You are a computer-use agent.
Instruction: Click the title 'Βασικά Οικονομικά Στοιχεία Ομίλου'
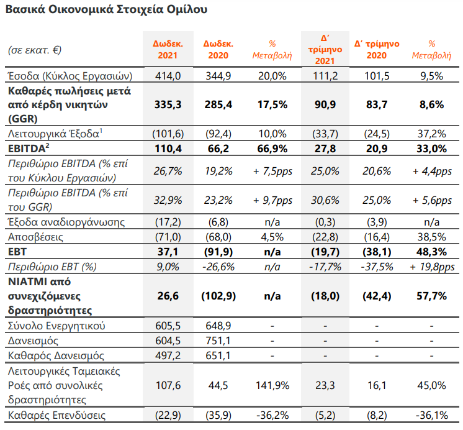pos(106,9)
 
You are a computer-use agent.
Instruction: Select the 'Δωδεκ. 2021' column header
pos(168,49)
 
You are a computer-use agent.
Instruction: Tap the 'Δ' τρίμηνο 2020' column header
pos(377,49)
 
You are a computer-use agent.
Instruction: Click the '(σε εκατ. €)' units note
pos(35,50)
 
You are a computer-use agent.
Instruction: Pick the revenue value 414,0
pos(168,76)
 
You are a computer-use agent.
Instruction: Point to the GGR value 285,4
pos(218,104)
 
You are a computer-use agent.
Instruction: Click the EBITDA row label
pos(29,148)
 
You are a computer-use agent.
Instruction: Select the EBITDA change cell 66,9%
pos(272,149)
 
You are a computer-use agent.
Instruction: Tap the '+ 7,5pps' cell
pos(273,172)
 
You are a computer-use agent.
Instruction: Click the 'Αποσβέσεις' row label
pos(35,237)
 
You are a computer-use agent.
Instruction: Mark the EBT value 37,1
pos(168,252)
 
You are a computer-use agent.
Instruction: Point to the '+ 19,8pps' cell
pos(433,267)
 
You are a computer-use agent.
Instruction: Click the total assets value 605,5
pos(168,326)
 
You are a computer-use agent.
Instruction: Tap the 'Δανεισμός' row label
pos(33,341)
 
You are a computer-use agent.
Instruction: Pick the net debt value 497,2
pos(168,355)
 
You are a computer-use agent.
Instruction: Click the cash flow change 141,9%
pos(272,385)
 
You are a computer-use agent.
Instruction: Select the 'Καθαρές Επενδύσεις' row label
pos(56,415)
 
